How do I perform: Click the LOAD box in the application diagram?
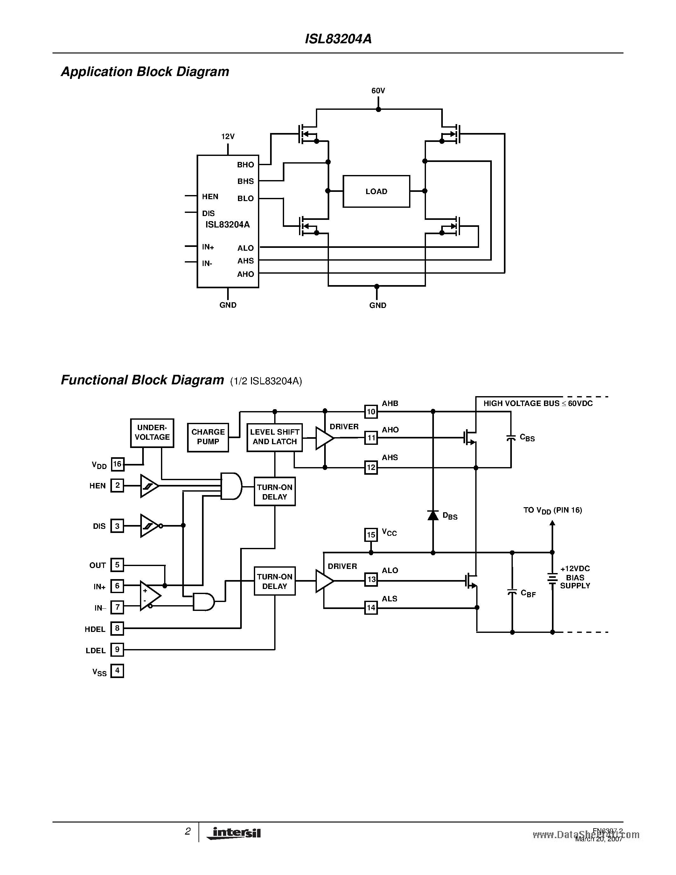(376, 191)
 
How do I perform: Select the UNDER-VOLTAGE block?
(152, 433)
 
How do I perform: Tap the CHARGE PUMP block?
(208, 437)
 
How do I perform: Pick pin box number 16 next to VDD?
(117, 464)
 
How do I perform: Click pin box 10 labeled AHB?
(371, 411)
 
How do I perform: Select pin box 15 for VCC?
(371, 535)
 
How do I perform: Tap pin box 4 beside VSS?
(117, 671)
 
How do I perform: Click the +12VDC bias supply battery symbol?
(552, 578)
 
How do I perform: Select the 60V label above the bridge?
(378, 91)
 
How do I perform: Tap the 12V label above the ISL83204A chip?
(227, 136)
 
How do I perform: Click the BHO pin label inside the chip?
(246, 165)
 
